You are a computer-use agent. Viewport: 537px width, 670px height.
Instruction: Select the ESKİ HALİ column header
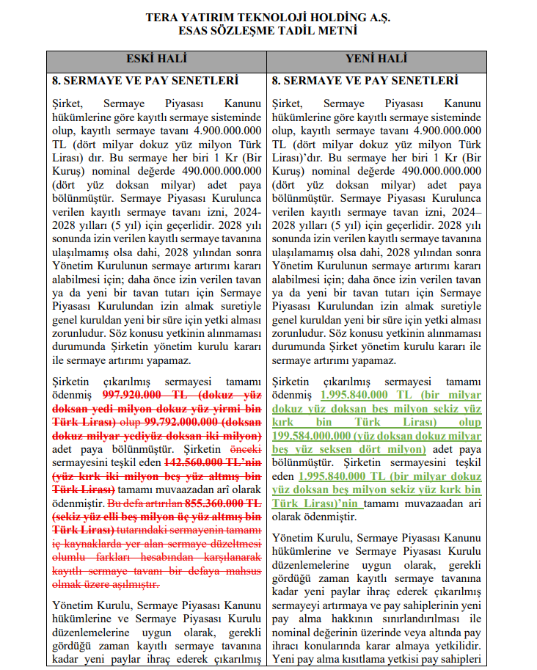157,59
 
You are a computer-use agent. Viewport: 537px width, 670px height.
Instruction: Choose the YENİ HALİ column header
376,59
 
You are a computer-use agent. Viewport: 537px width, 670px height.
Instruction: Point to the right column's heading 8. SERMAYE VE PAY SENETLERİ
365,80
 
